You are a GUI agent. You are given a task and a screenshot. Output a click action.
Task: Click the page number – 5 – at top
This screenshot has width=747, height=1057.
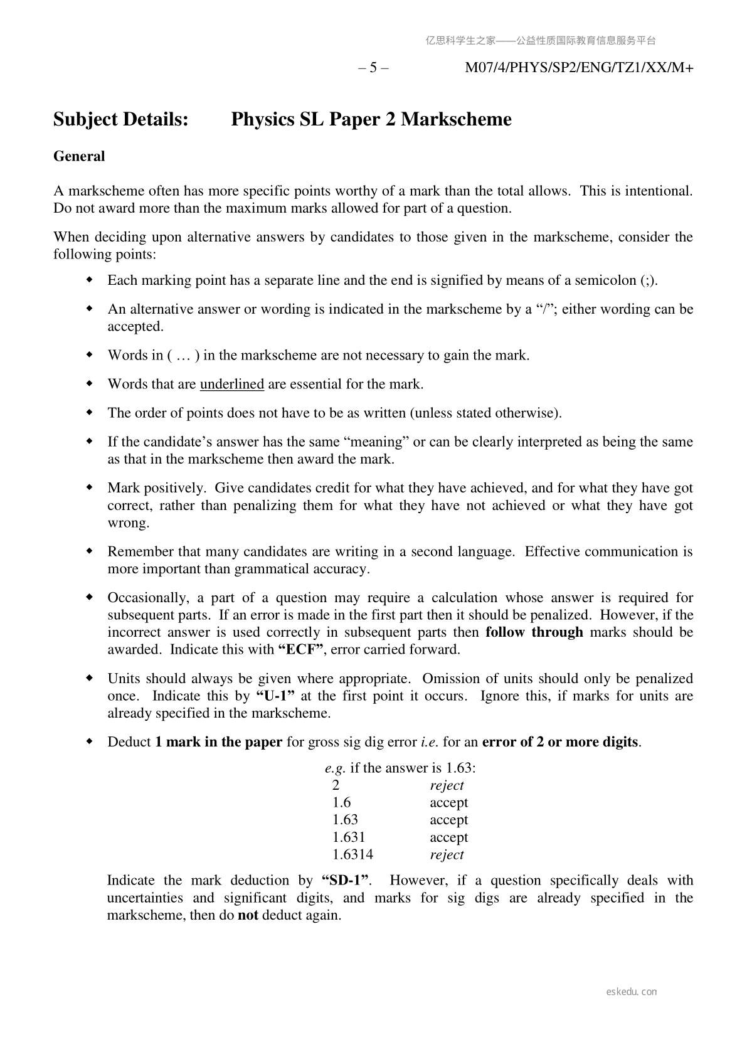373,68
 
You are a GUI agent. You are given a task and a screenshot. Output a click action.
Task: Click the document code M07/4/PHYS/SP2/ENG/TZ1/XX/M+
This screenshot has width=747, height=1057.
578,68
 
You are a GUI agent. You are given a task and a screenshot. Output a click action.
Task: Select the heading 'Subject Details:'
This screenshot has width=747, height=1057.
121,119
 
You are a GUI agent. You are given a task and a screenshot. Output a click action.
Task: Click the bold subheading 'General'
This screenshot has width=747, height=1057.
79,156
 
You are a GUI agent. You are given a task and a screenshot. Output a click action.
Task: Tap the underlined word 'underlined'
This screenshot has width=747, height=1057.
231,384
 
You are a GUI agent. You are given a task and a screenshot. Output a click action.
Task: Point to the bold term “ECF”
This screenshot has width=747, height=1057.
300,649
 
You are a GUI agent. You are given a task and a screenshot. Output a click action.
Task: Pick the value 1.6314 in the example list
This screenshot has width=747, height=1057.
352,854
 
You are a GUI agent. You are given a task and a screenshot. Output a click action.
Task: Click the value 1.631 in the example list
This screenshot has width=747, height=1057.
349,837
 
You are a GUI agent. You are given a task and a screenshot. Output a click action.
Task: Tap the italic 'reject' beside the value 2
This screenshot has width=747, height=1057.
447,785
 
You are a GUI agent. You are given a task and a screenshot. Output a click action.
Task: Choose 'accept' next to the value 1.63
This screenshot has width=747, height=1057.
448,820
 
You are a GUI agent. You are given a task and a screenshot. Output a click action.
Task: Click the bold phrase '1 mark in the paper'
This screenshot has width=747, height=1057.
219,742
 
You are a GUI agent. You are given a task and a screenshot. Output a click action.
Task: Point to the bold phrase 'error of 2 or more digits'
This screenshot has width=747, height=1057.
561,742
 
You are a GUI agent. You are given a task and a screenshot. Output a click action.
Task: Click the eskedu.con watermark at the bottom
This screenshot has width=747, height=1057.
632,992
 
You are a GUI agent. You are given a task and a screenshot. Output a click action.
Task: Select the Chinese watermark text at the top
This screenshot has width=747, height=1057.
541,41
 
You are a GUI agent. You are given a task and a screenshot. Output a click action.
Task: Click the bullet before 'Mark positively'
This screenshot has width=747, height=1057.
90,487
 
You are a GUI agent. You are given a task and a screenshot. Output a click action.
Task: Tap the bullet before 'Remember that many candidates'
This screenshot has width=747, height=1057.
90,551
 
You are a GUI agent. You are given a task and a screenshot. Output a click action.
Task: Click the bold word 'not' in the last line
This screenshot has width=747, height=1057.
248,915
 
